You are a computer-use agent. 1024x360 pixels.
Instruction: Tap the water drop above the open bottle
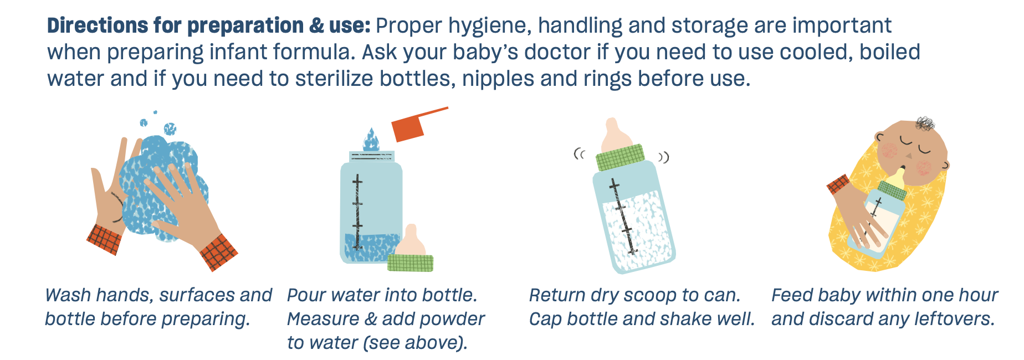click(371, 140)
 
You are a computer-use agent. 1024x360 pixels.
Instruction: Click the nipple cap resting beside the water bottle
click(411, 249)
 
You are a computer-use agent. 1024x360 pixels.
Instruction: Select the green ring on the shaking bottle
click(621, 157)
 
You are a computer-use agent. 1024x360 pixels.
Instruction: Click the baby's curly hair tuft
click(925, 123)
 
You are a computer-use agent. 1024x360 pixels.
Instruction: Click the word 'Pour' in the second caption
click(305, 295)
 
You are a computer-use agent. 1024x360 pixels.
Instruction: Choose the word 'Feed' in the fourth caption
click(791, 295)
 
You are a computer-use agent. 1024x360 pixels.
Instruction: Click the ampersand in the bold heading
click(316, 26)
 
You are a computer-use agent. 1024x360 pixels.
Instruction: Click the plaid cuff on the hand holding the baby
click(838, 184)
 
